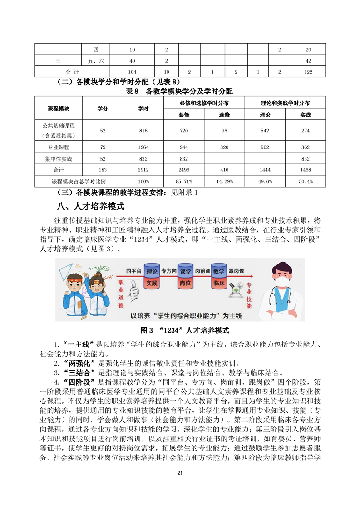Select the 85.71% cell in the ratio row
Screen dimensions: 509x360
[x=184, y=181]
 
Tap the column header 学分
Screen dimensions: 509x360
[x=103, y=109]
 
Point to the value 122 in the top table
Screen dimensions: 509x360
[x=308, y=72]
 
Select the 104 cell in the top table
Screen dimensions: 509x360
[x=132, y=72]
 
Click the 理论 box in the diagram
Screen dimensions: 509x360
[x=152, y=272]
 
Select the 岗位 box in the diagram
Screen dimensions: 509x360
[x=185, y=283]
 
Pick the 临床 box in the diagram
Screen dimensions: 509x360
[x=219, y=283]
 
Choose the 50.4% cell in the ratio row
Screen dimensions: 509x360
[x=306, y=181]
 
